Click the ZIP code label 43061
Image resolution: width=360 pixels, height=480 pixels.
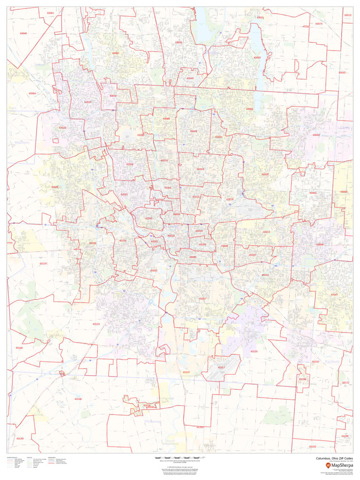pyautogui.click(x=50, y=13)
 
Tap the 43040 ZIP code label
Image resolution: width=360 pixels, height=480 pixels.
pyautogui.click(x=23, y=33)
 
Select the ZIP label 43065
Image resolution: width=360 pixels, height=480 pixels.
pyautogui.click(x=115, y=53)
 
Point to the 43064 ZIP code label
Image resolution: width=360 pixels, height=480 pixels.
pyautogui.click(x=32, y=93)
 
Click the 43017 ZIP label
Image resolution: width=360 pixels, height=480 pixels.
pyautogui.click(x=87, y=102)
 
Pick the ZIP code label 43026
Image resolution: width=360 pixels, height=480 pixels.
pyautogui.click(x=55, y=187)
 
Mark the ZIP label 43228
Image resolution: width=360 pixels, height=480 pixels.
pyautogui.click(x=92, y=243)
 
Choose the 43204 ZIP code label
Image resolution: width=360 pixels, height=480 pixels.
pyautogui.click(x=123, y=240)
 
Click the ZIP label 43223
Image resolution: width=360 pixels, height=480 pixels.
pyautogui.click(x=153, y=270)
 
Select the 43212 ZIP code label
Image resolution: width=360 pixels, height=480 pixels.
pyautogui.click(x=148, y=218)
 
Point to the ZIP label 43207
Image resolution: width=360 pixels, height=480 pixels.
pyautogui.click(x=203, y=298)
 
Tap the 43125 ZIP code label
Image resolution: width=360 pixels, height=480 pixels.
pyautogui.click(x=254, y=351)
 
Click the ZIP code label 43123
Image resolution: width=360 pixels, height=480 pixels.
pyautogui.click(x=96, y=324)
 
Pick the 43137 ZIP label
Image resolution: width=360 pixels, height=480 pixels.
pyautogui.click(x=186, y=372)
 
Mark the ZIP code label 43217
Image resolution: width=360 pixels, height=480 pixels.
pyautogui.click(x=221, y=367)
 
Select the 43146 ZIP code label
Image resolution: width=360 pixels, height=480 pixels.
pyautogui.click(x=78, y=399)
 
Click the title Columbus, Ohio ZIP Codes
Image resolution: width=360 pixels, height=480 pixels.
pyautogui.click(x=335, y=458)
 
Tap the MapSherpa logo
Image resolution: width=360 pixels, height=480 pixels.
pyautogui.click(x=339, y=465)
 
